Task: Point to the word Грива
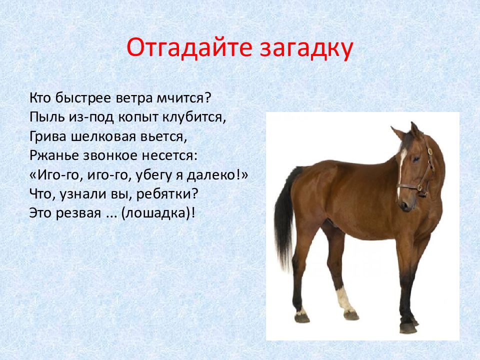coord(48,137)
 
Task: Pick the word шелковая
coord(103,136)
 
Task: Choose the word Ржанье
coord(52,155)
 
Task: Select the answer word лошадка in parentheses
coord(156,213)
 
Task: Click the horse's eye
coord(416,159)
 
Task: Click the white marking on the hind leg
coord(343,298)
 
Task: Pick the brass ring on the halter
coord(430,151)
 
